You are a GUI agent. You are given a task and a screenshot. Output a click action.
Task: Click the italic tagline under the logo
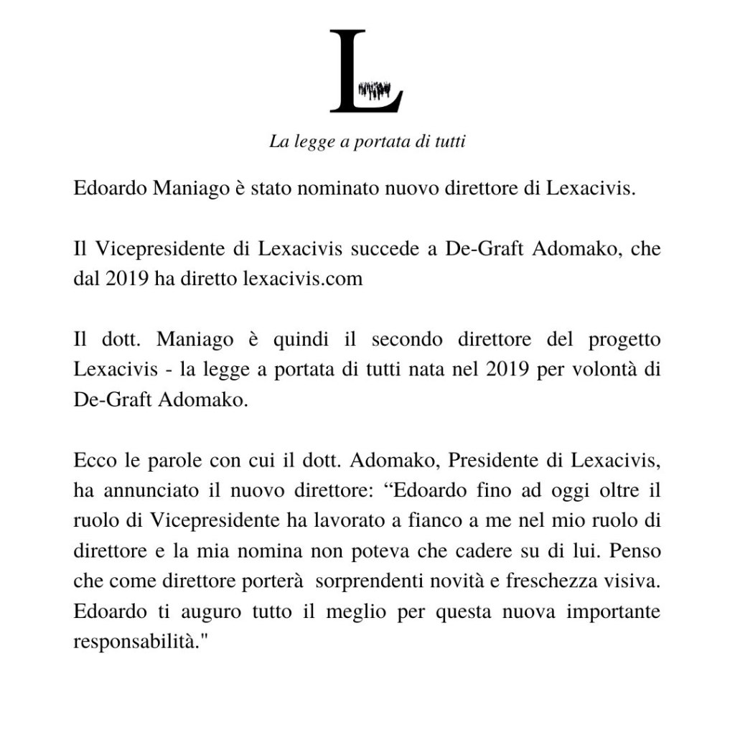tap(367, 141)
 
